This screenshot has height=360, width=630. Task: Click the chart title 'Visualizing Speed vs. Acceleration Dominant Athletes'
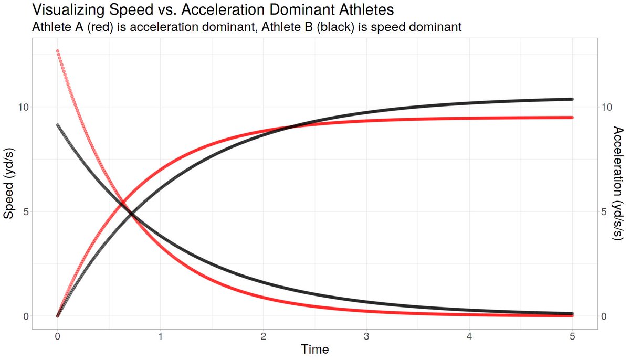pyautogui.click(x=213, y=9)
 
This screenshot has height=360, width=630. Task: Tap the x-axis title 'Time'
pyautogui.click(x=314, y=349)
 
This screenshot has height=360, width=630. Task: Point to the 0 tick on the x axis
pyautogui.click(x=57, y=336)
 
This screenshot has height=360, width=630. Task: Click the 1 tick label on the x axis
pyautogui.click(x=160, y=336)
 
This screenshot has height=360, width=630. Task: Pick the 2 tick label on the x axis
pyautogui.click(x=264, y=336)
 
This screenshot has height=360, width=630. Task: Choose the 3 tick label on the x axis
pyautogui.click(x=366, y=336)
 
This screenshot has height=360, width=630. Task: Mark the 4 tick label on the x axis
pyautogui.click(x=469, y=336)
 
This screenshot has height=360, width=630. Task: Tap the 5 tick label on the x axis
pyautogui.click(x=572, y=336)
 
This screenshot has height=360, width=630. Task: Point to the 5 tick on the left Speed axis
pyautogui.click(x=23, y=211)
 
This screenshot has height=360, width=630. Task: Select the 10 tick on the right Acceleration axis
pyautogui.click(x=607, y=107)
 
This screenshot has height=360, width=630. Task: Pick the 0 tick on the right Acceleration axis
pyautogui.click(x=604, y=316)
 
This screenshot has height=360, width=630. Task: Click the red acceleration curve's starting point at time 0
pyautogui.click(x=57, y=51)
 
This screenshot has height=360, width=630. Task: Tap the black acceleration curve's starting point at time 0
pyautogui.click(x=57, y=125)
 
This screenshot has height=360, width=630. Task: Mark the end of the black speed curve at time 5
pyautogui.click(x=572, y=99)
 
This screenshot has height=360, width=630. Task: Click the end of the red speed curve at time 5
pyautogui.click(x=572, y=118)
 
